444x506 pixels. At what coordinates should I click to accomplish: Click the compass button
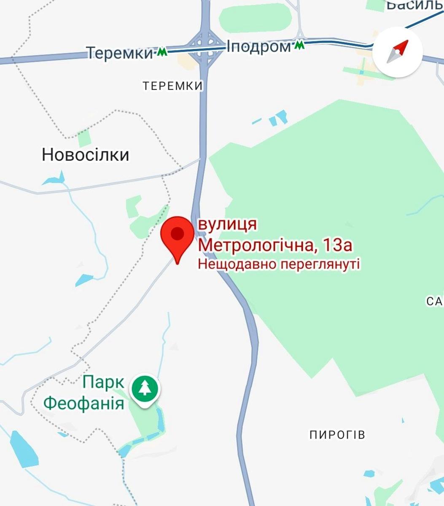(398, 52)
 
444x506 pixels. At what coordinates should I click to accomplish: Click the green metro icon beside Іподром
(299, 45)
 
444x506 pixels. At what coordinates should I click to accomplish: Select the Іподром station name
(258, 46)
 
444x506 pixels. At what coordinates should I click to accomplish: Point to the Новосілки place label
(85, 155)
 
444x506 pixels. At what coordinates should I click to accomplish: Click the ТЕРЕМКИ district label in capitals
(172, 86)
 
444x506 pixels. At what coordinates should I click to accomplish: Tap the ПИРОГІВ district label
(337, 435)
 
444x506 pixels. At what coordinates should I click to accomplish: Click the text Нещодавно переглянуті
(279, 265)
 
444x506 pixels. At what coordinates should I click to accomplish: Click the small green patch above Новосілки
(84, 138)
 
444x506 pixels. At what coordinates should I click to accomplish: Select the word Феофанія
(84, 403)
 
